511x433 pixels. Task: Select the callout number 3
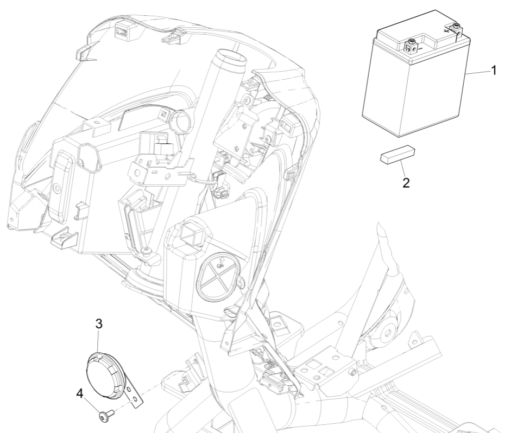[x=99, y=324]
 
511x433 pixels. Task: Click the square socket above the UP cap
[x=191, y=235]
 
